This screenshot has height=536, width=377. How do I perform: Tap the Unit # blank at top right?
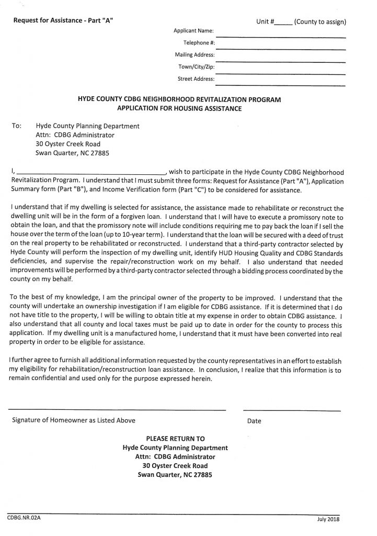(283, 24)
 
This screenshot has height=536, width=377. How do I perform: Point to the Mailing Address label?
(195, 54)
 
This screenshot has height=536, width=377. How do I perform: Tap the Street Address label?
(196, 79)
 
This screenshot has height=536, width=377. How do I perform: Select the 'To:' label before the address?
(17, 126)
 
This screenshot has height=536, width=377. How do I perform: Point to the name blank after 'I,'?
(92, 173)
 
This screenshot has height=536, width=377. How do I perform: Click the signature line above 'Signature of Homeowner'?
(117, 409)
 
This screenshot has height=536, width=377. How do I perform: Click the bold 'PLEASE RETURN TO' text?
(175, 438)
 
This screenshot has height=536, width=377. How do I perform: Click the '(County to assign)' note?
(320, 23)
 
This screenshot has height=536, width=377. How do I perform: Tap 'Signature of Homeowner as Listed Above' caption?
(74, 420)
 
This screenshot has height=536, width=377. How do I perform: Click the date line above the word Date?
(291, 409)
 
